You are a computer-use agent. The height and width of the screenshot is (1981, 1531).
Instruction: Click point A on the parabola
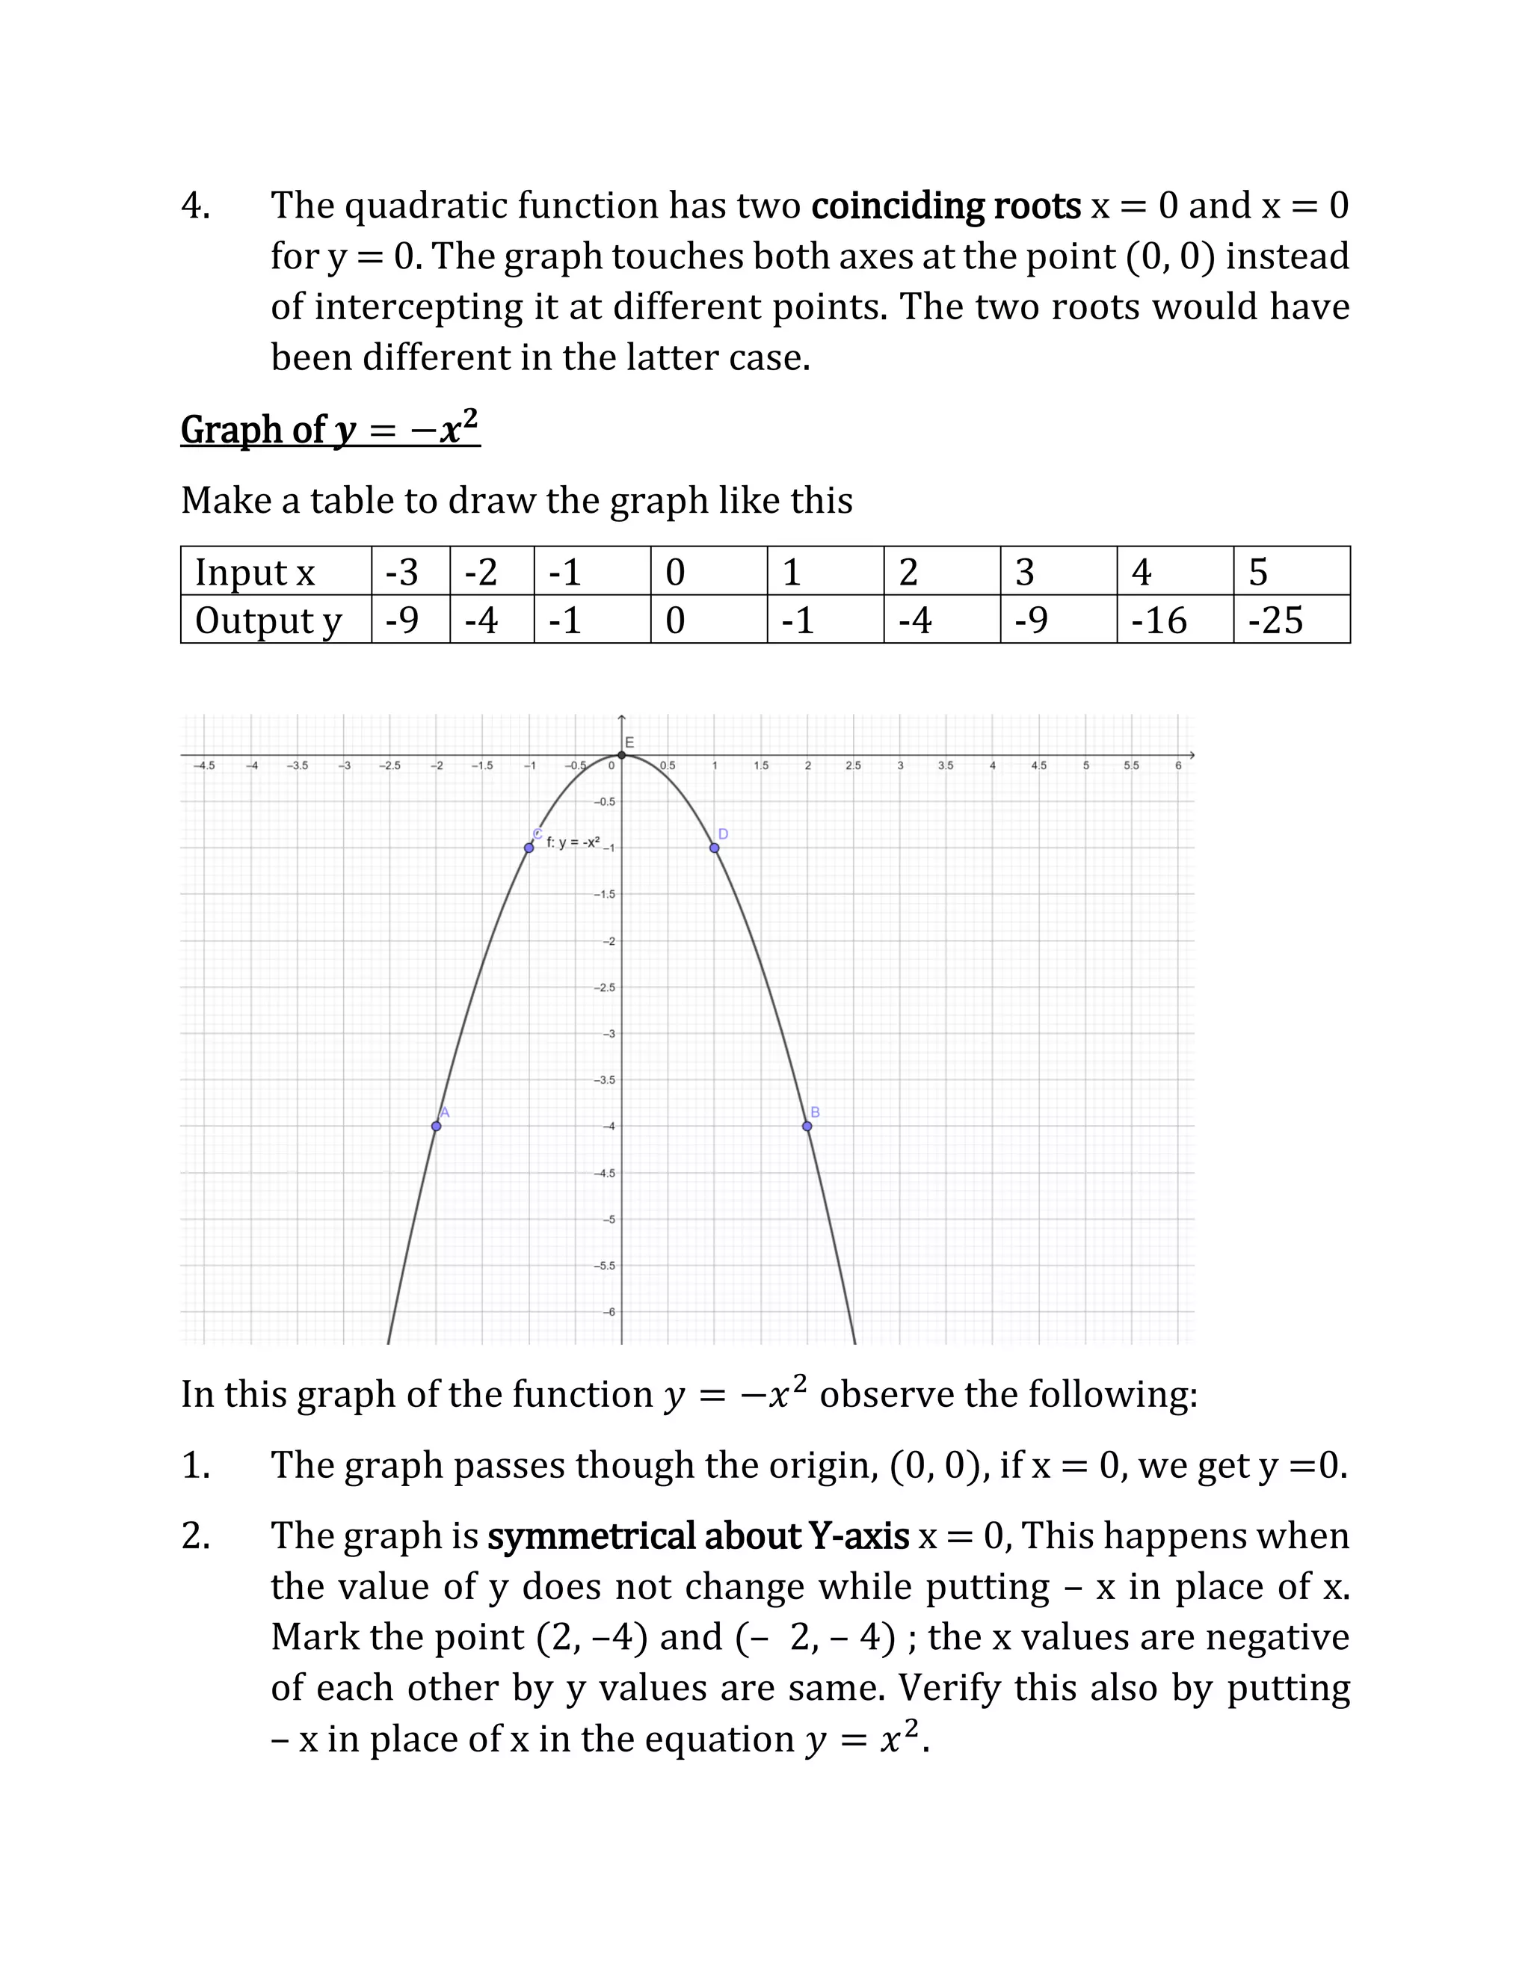437,1126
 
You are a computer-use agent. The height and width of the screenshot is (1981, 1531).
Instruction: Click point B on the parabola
807,1126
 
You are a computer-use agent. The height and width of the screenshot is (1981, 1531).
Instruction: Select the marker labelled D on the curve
715,847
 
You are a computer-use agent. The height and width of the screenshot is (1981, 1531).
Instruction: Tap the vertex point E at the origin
621,755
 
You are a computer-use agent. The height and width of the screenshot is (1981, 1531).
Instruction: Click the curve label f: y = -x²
573,842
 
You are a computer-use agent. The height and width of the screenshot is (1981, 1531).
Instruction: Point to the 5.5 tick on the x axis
1131,765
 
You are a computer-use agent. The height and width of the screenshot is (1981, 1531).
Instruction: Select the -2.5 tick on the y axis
605,987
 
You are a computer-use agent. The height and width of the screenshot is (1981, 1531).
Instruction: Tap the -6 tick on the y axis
609,1312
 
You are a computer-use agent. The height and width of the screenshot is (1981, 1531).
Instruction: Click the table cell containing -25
1275,620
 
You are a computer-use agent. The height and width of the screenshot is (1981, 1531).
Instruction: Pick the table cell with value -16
1159,620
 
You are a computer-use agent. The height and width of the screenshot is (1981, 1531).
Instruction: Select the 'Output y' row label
268,620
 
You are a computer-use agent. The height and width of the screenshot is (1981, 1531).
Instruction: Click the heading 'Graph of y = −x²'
330,428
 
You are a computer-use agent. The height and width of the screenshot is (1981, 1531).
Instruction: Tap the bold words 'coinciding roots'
945,206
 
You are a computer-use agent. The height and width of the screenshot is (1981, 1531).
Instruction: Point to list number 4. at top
196,206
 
